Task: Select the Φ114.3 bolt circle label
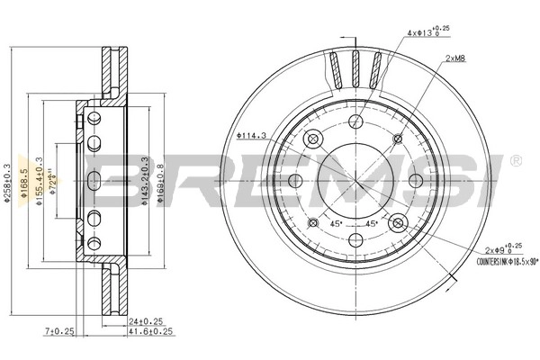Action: click(253, 136)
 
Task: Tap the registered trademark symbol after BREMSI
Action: click(515, 161)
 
